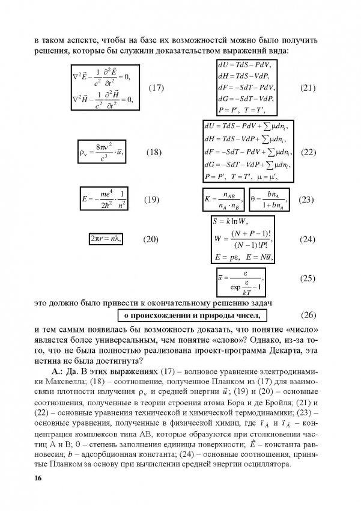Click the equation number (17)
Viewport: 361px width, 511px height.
point(156,88)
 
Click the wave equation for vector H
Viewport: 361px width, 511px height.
point(102,99)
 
